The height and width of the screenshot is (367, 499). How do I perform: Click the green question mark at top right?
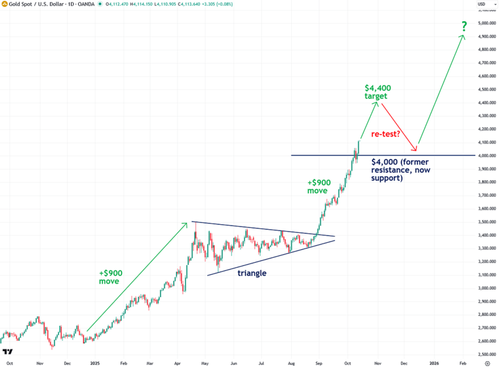point(463,26)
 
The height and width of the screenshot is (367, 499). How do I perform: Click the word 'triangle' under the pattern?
point(252,273)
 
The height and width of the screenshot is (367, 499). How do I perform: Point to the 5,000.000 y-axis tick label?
point(486,23)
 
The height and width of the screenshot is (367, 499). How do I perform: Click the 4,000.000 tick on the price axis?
point(486,156)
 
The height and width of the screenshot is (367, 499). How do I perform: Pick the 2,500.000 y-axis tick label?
point(486,355)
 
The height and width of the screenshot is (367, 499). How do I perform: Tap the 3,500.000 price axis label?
point(486,222)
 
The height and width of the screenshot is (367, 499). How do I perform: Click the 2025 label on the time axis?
point(95,361)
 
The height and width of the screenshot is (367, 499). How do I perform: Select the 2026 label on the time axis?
point(434,361)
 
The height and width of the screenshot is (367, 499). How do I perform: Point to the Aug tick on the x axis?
point(291,361)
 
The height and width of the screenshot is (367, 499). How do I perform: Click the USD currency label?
point(482,6)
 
